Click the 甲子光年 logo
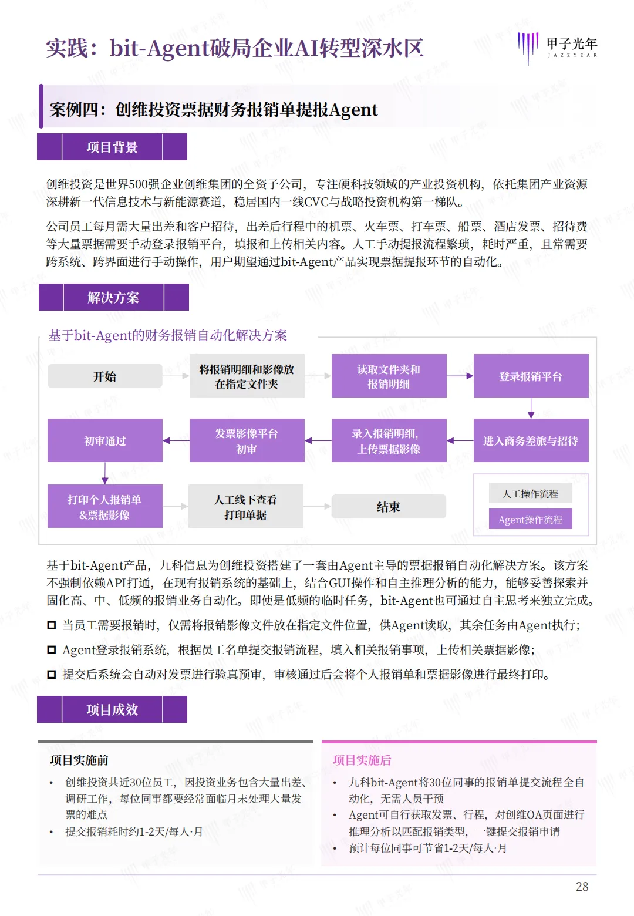[557, 47]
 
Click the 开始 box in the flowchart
[105, 376]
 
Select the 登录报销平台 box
[531, 376]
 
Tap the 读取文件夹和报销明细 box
[389, 376]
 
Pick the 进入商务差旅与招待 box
[531, 440]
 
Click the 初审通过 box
[105, 440]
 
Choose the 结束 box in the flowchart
[389, 506]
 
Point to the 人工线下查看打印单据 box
[246, 506]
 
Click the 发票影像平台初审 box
[247, 440]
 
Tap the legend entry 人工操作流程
[530, 493]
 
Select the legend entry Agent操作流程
[530, 519]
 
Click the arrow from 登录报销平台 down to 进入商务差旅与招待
[531, 408]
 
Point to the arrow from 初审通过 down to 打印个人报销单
[105, 473]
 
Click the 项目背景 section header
[112, 147]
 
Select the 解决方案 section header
[113, 297]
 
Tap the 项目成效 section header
[112, 709]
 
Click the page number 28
[582, 886]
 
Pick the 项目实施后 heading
[362, 760]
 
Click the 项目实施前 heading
[79, 760]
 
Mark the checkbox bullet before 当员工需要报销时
[52, 625]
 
